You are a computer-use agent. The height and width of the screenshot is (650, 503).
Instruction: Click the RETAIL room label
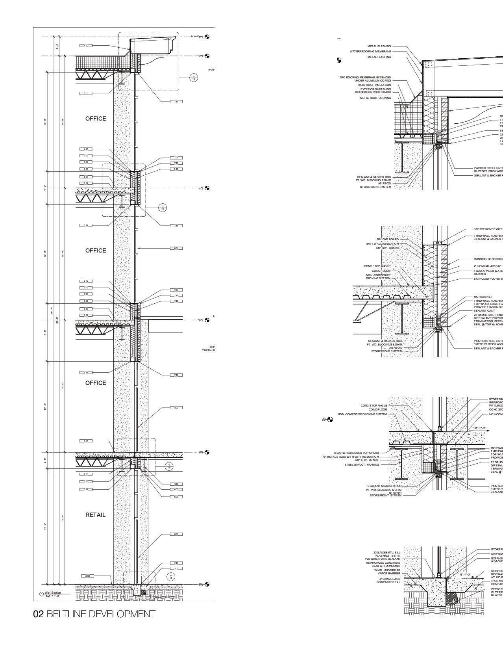pos(95,514)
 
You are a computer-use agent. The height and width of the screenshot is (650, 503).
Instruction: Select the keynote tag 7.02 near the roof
pos(86,46)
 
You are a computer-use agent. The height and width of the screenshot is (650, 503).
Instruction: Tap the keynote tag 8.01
pos(176,248)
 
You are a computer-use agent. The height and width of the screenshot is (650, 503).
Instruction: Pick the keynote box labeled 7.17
pos(176,563)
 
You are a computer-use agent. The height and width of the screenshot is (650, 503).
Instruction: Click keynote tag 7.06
pos(86,474)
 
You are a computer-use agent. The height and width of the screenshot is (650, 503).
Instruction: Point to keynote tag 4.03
pos(176,489)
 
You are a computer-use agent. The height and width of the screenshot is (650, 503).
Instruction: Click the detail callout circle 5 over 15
pos(193,78)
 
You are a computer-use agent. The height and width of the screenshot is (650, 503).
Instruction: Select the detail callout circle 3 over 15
pos(163,208)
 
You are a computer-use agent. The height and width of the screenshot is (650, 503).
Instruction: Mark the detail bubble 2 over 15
pos(169,467)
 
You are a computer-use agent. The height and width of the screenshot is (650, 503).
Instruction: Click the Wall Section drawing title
pos(52,592)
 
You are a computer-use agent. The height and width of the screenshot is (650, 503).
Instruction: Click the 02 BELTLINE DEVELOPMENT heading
pos(94,614)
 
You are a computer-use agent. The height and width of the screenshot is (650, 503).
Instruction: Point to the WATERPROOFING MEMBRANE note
pos(370,52)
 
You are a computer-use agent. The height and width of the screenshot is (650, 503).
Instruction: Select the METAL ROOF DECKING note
pos(375,98)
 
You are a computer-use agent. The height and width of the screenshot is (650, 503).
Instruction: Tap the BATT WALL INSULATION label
pos(383,244)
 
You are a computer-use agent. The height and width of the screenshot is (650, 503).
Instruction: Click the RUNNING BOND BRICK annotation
pos(488,259)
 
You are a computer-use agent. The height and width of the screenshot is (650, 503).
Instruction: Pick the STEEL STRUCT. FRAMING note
pos(362,464)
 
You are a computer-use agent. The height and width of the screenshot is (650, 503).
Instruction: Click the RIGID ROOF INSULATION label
pos(374,85)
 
